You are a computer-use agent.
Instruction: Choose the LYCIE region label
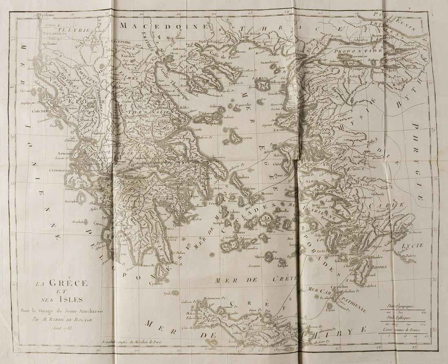(412, 245)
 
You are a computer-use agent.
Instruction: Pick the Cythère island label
(156, 283)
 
